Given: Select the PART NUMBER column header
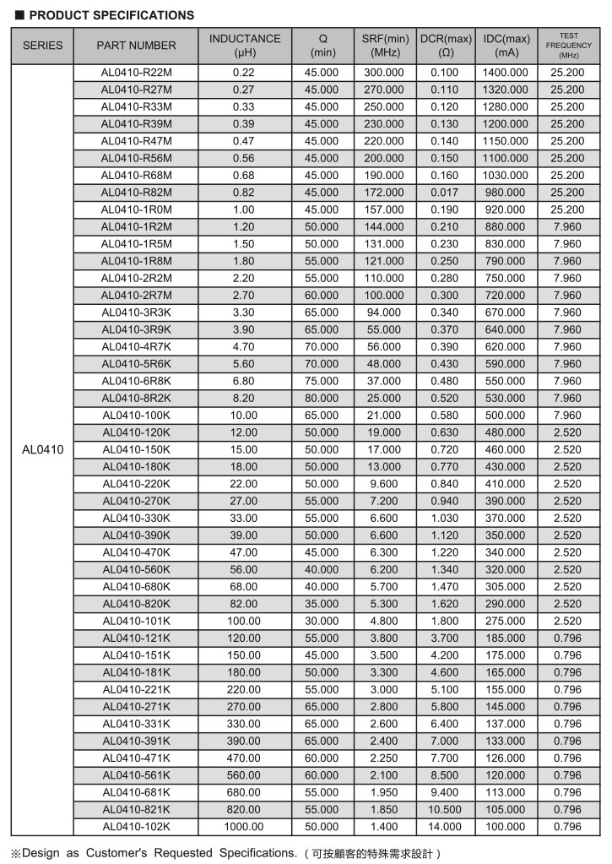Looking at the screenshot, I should [x=136, y=46].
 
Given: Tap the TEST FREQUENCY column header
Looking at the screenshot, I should [x=567, y=46].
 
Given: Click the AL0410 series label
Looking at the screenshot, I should [x=42, y=449].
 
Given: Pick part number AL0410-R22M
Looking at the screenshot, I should [x=136, y=73].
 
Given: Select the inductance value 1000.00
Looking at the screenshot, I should [x=244, y=827].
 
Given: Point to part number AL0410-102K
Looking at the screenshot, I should [x=136, y=827].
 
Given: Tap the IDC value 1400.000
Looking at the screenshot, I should [x=506, y=73].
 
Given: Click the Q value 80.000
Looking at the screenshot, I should [x=322, y=398].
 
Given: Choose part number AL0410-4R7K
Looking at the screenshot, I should [x=136, y=346].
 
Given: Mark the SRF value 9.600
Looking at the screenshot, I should [x=384, y=484].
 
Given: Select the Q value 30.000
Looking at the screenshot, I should [x=322, y=621].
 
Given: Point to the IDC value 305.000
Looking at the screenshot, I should [x=506, y=587].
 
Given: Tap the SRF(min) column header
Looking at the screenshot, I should [x=385, y=46].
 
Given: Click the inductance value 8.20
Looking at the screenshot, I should [x=244, y=398].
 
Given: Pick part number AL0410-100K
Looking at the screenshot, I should [x=136, y=416].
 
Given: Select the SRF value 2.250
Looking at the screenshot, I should [x=384, y=758].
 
